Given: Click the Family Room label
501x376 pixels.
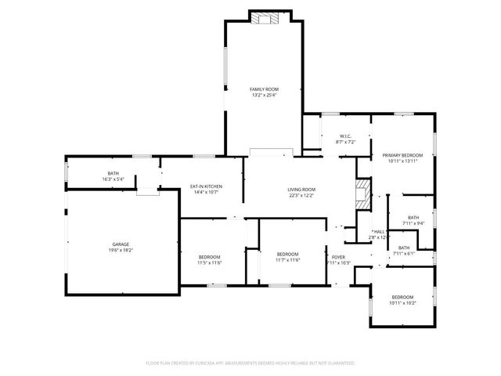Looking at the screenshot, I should (264, 89).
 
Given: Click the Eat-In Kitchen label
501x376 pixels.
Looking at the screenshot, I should (207, 186).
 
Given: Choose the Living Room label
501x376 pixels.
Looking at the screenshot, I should (301, 189).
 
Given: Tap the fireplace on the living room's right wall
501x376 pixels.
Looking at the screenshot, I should (361, 194).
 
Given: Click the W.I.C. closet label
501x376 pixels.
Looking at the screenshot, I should (345, 136).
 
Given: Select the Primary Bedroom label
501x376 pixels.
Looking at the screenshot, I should (402, 155).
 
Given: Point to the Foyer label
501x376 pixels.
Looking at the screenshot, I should (338, 257).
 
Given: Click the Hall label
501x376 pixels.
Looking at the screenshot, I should (379, 232).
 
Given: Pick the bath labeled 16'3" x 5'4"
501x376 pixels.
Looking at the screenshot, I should (114, 176).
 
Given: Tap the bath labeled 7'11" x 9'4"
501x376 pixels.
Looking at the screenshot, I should (413, 220).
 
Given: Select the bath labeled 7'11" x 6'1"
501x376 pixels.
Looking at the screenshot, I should (403, 250).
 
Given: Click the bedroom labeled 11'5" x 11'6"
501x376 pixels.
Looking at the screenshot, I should (209, 259).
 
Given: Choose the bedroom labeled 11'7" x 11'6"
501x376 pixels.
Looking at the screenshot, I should (287, 256).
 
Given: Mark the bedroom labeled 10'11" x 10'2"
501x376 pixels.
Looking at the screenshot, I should (402, 300).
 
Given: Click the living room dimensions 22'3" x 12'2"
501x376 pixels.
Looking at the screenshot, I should (301, 195).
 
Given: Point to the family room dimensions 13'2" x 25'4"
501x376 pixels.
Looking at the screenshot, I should (264, 96).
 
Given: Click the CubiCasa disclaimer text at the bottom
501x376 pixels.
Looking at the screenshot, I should (250, 363).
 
